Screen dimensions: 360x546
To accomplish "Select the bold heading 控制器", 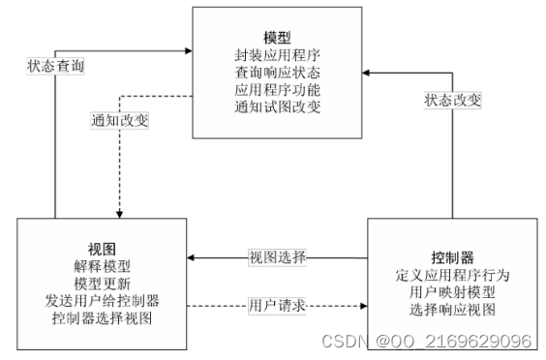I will [452, 258].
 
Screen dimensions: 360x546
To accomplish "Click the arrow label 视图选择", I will [278, 257].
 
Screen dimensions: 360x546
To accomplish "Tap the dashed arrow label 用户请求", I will [277, 306].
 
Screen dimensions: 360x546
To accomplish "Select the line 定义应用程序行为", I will [452, 276].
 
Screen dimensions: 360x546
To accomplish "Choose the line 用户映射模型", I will [452, 292].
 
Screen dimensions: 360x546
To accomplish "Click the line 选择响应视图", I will [452, 310].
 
